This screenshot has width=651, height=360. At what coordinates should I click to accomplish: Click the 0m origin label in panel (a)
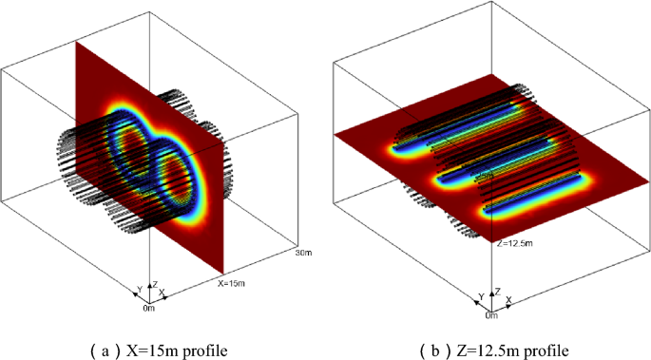point(149,309)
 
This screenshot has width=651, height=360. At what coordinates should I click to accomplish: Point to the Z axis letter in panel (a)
point(155,283)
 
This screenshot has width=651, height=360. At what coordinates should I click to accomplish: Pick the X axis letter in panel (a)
point(163,291)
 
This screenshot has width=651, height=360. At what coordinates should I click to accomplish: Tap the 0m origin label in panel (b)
point(490,314)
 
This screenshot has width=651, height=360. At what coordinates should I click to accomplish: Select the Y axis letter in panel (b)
point(480,295)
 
